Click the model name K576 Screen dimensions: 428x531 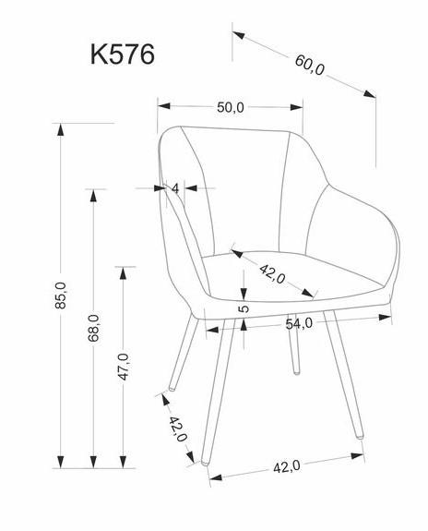(x=123, y=54)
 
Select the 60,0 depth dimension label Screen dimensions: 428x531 (x=309, y=65)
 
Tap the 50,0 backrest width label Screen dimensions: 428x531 (x=230, y=108)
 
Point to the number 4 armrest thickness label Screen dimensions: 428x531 (x=175, y=188)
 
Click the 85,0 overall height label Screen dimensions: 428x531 (x=61, y=296)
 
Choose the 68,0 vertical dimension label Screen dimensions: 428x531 (x=94, y=328)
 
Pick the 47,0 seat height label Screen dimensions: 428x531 (x=124, y=367)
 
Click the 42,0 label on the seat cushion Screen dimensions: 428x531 (x=272, y=274)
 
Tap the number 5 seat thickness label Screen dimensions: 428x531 (x=244, y=308)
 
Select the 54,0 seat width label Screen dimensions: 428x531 (x=299, y=324)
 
